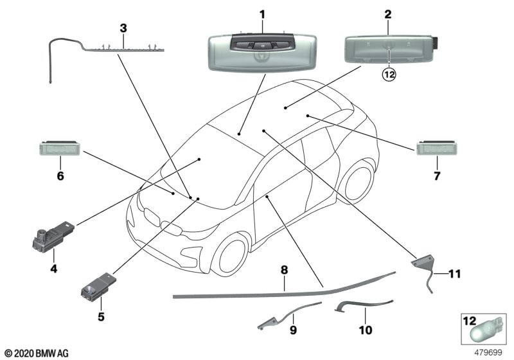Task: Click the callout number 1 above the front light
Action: coord(261,14)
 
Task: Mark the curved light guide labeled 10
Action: coord(364,304)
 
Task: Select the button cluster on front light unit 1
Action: coord(260,45)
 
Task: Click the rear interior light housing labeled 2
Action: coord(389,49)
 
